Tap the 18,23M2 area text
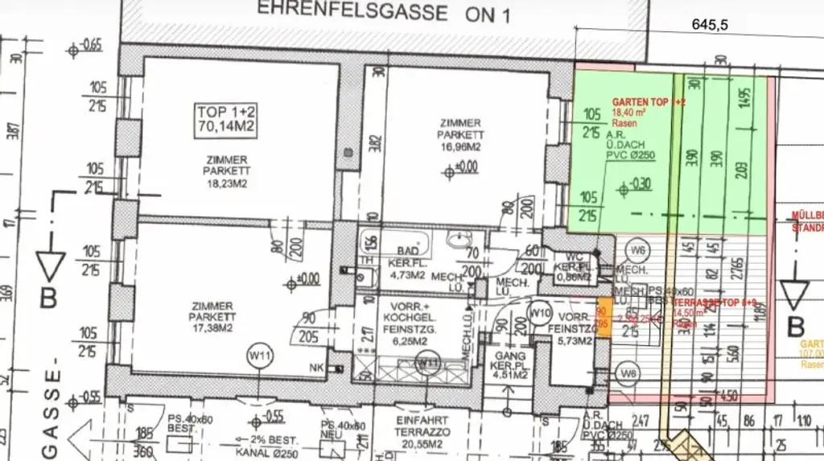point(227,183)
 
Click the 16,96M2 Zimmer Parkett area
point(460,147)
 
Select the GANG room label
point(511,356)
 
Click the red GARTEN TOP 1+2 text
point(649,103)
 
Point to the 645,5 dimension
point(710,25)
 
